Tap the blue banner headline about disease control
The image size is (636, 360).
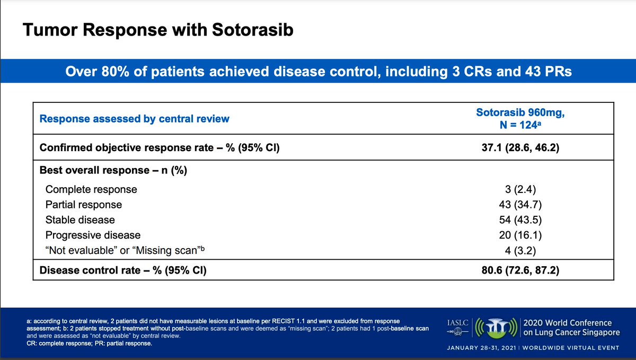(318, 71)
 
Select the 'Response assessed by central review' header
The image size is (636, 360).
(135, 118)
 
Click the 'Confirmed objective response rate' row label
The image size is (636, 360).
(160, 148)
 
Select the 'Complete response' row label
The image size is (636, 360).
(91, 189)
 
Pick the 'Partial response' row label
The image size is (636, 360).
(84, 204)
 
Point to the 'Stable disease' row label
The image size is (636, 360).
(80, 219)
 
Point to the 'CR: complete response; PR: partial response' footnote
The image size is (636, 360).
(89, 344)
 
